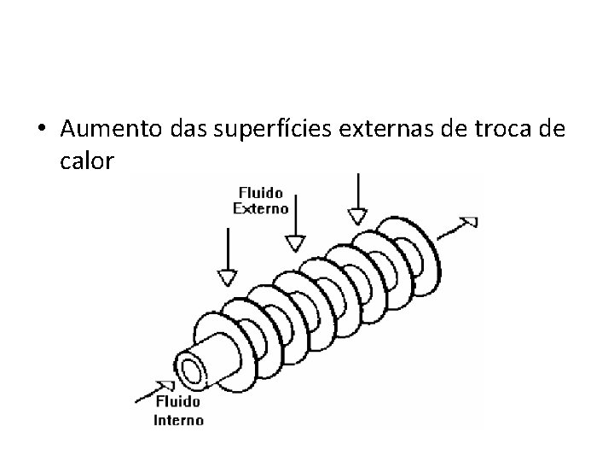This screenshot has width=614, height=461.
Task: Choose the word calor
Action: point(87,160)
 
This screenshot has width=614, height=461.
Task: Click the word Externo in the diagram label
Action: point(260,207)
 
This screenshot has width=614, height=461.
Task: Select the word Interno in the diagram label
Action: point(178,419)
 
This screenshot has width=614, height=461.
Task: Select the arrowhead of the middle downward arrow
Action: point(295,243)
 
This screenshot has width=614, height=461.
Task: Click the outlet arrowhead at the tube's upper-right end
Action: point(468,222)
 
